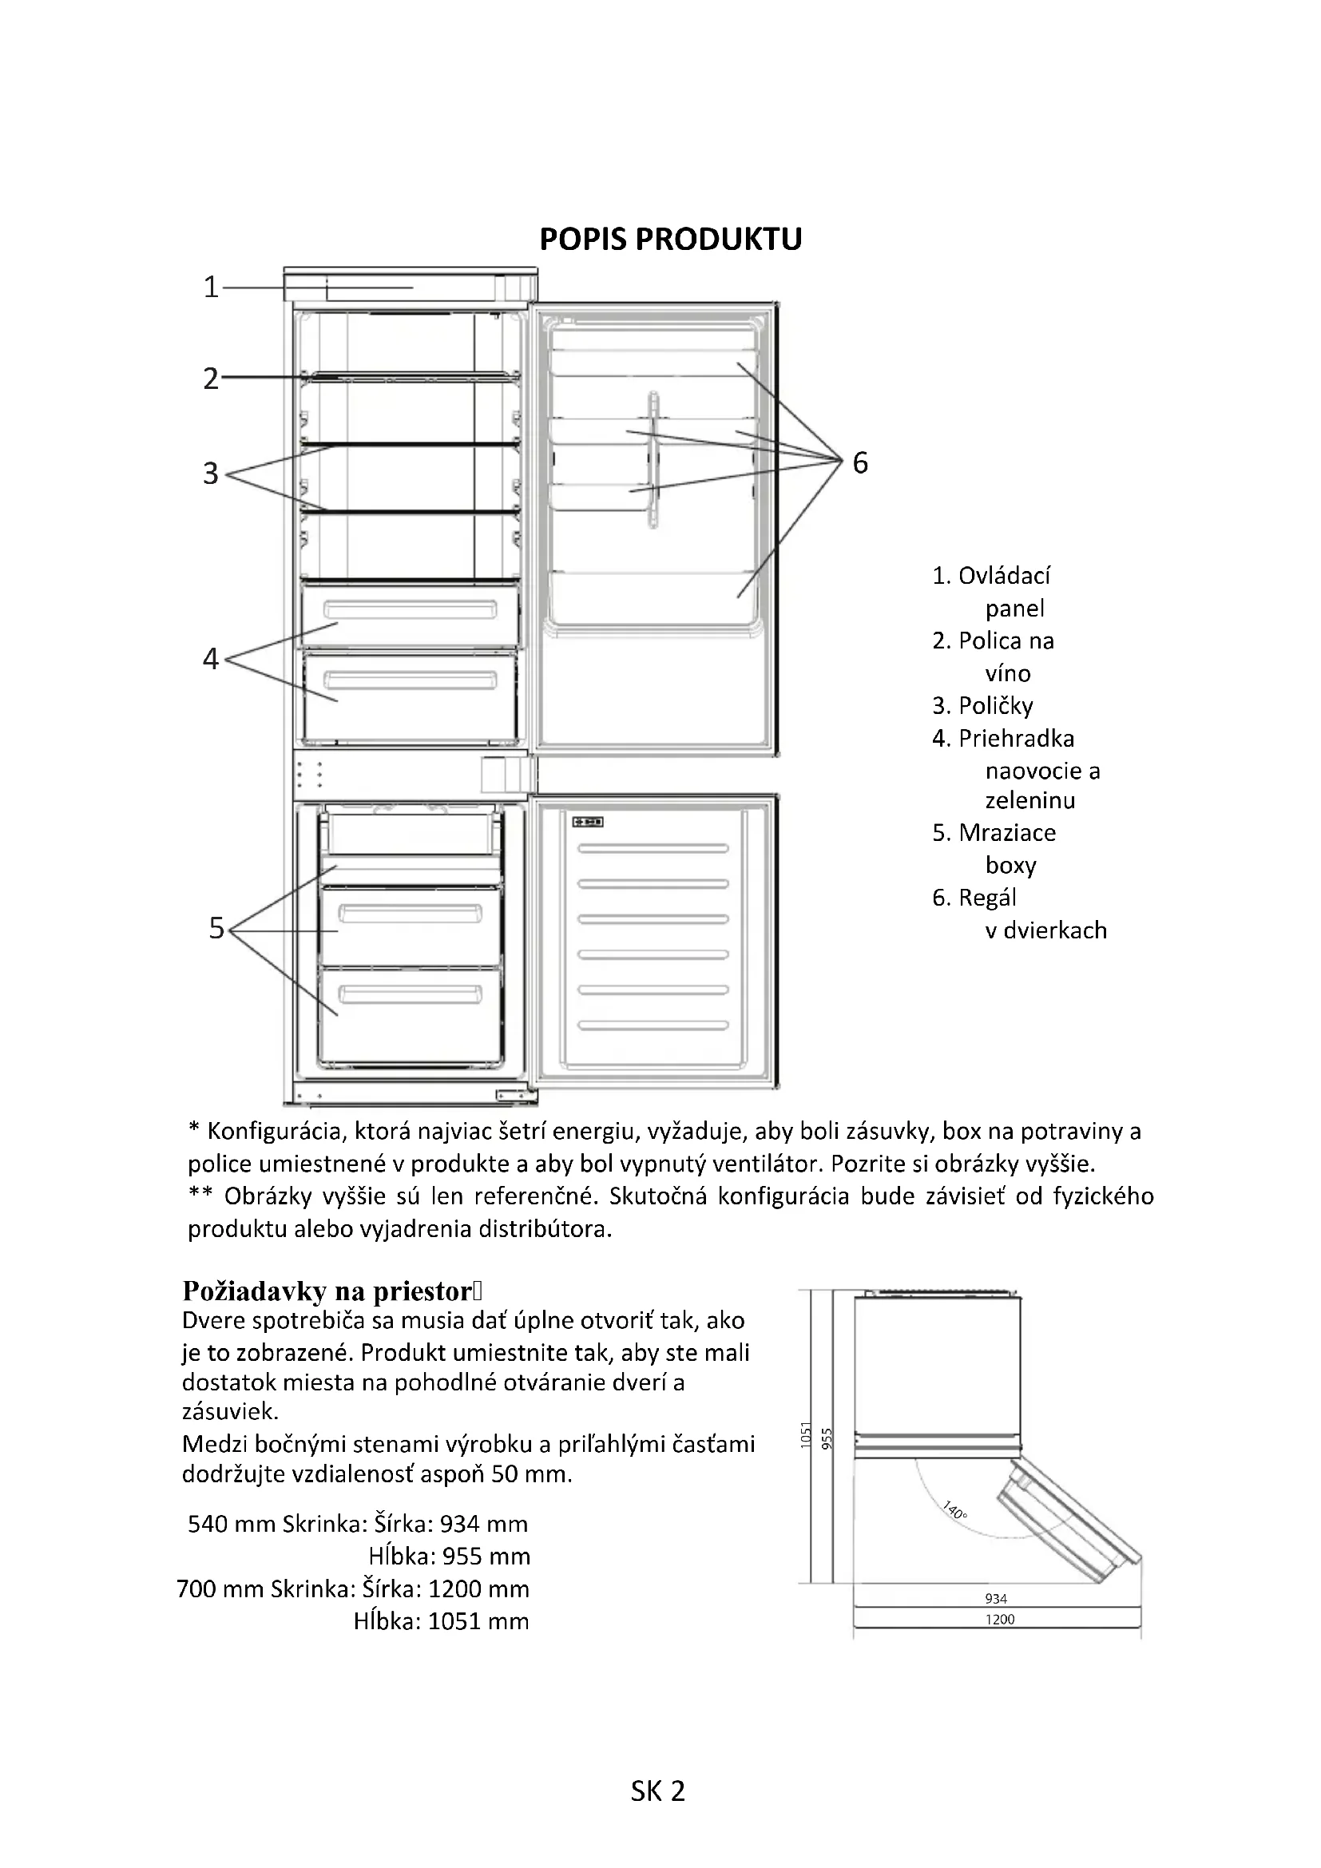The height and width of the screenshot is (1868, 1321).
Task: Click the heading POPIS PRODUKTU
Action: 670,240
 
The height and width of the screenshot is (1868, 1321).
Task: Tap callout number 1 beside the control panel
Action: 211,288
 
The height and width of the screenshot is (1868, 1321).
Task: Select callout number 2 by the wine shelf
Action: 211,379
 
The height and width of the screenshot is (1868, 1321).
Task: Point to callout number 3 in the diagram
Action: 211,474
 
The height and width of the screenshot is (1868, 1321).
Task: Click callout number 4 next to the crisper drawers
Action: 211,658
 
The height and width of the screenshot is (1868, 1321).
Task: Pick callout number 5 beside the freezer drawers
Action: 216,928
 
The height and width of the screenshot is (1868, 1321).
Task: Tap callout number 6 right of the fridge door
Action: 860,463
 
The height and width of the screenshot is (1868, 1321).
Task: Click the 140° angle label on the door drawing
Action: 955,1510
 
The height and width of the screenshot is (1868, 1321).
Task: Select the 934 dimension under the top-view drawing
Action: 996,1599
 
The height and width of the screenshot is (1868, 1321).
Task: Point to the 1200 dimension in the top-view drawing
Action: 1000,1619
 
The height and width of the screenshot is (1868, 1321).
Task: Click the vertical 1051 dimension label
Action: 806,1435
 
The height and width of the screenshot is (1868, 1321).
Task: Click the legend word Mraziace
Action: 1007,832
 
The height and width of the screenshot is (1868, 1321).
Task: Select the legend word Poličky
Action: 996,705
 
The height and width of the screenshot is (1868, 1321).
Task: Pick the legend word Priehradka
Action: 1016,738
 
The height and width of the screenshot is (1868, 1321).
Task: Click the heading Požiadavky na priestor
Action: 327,1291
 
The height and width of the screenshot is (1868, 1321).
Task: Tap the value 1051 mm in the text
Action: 478,1621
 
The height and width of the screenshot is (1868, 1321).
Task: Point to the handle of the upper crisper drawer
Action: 410,609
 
